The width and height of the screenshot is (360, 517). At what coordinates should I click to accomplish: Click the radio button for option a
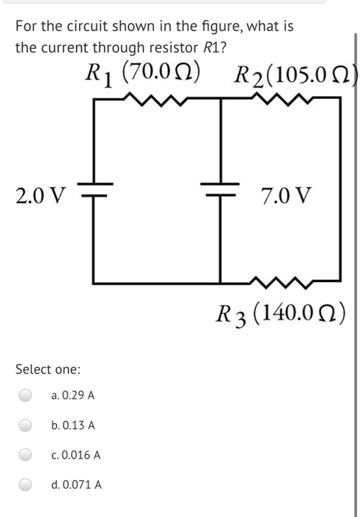(27, 396)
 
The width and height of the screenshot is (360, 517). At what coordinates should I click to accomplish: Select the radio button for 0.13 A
(27, 425)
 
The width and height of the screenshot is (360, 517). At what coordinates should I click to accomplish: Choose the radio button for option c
(27, 455)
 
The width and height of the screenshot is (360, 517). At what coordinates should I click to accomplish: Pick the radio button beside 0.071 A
(27, 485)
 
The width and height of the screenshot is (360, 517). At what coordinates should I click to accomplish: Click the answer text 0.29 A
(73, 396)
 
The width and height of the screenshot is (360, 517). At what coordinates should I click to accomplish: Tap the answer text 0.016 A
(76, 455)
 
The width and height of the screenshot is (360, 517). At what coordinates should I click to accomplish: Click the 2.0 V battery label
(40, 196)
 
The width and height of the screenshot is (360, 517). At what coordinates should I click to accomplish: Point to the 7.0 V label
(287, 196)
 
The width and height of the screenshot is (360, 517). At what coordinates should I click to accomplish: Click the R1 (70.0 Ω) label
(141, 74)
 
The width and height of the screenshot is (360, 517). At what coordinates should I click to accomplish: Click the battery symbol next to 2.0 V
(95, 190)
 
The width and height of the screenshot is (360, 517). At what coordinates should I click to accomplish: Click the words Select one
(48, 369)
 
